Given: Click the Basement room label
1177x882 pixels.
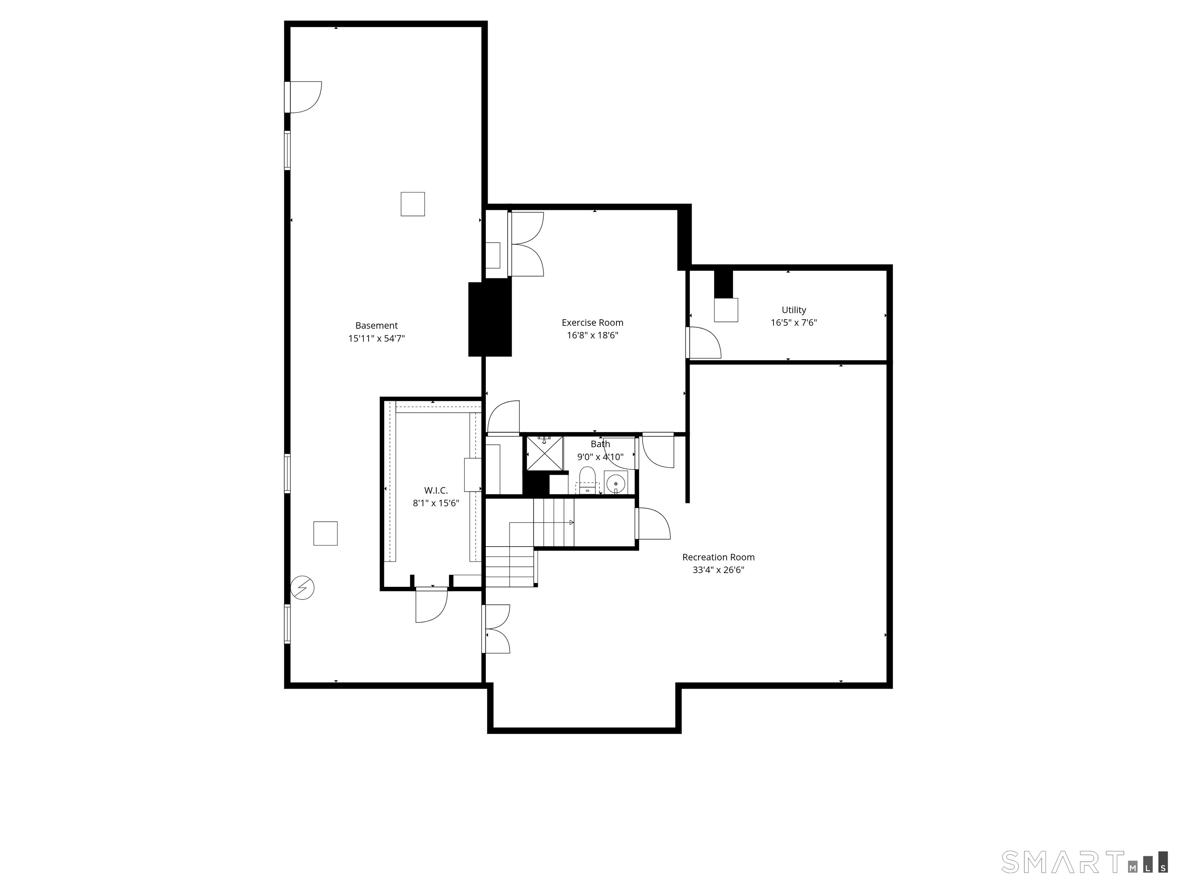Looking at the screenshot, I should coord(376,325).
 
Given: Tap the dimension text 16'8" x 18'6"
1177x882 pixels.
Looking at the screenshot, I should coord(592,335).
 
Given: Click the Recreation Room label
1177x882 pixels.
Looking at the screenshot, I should coord(718,557).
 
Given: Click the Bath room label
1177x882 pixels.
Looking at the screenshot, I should coord(600,444).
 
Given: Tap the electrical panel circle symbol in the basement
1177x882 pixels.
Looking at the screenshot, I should coord(302,588).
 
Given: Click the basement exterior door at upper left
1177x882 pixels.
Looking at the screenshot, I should coord(304,97).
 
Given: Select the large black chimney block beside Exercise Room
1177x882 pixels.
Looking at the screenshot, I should coord(490,319).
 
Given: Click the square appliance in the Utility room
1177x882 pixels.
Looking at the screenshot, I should coord(726,310).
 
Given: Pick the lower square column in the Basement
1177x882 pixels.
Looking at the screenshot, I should coord(325,534).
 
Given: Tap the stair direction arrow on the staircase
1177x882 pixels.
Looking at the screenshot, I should coord(572,523).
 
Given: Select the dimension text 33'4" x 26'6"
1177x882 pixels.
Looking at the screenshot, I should coord(718,570).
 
